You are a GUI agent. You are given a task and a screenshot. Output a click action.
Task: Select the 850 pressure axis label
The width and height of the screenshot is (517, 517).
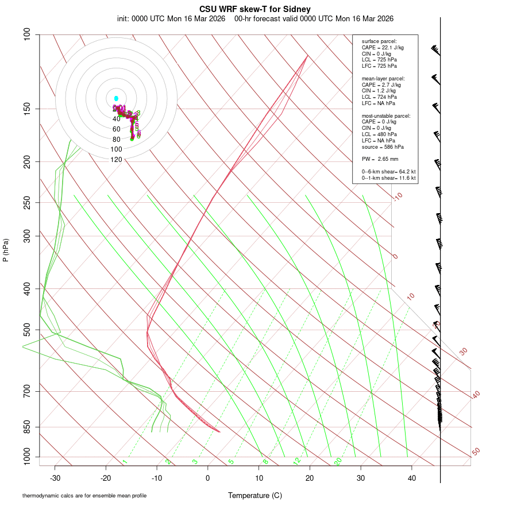(27, 427)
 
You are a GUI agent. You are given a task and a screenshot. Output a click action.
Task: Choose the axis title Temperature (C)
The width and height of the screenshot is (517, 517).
(255, 495)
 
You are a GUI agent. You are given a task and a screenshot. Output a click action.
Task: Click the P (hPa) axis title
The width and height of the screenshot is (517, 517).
(6, 250)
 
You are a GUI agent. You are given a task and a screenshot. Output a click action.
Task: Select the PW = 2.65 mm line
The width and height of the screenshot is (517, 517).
(380, 159)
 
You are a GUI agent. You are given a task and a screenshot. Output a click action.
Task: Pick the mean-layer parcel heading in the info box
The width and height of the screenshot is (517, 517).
(383, 78)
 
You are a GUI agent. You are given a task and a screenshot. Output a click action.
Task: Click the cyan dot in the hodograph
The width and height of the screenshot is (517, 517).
(116, 99)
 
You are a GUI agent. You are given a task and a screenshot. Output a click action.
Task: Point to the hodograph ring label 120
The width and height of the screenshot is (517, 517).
(116, 160)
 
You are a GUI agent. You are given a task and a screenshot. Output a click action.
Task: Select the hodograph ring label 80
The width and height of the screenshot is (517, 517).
(116, 140)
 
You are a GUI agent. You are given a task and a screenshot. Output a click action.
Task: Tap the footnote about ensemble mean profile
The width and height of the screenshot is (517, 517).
(84, 496)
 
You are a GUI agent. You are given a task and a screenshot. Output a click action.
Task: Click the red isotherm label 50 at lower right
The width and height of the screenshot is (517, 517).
(476, 452)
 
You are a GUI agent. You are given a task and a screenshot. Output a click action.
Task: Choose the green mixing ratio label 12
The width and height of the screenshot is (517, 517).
(296, 461)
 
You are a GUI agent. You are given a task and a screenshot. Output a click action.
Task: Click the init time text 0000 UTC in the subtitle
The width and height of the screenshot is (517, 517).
(148, 18)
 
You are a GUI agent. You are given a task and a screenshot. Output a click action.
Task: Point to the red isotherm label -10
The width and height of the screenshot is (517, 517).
(398, 196)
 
